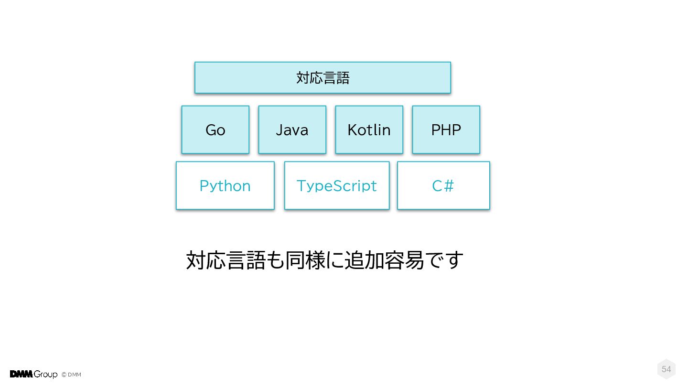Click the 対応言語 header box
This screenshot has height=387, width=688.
(322, 77)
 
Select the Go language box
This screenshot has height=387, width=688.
(215, 129)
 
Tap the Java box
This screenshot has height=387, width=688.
(292, 129)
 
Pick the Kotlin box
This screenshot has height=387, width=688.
(369, 129)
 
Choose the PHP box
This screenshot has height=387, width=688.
(446, 129)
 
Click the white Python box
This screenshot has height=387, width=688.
(225, 185)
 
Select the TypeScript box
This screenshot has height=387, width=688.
(337, 185)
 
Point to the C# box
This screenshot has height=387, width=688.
(443, 185)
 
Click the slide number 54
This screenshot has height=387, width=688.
(666, 369)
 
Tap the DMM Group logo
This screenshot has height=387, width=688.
(33, 374)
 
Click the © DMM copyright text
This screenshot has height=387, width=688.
(71, 375)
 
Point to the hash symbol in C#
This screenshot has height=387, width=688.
(448, 186)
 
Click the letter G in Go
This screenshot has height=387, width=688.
(211, 130)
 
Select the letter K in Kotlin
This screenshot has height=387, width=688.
(352, 130)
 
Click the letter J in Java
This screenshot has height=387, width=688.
(279, 130)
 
